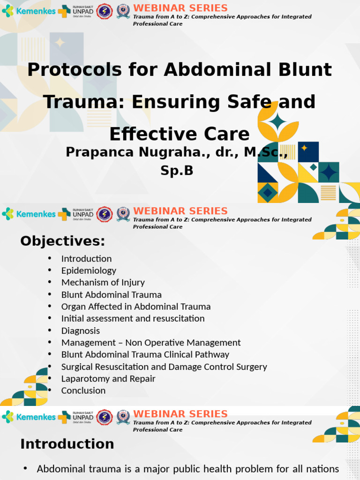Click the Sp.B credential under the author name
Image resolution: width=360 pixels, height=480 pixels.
click(177, 171)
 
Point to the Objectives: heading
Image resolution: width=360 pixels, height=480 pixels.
click(62, 241)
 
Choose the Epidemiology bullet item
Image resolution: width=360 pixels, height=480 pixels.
click(89, 270)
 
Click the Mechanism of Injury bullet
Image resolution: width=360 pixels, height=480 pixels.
click(103, 282)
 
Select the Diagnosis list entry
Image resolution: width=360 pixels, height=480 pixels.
click(80, 330)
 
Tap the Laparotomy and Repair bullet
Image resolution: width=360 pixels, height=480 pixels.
click(108, 378)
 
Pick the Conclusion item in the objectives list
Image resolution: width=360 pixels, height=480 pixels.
click(83, 390)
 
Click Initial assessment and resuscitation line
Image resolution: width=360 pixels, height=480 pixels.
click(133, 318)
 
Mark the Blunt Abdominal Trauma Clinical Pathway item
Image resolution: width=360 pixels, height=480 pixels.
click(145, 354)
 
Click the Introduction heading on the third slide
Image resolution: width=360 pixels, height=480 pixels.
click(67, 444)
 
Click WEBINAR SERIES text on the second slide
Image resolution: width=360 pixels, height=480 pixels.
click(180, 211)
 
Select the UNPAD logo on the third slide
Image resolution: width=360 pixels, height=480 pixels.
click(75, 417)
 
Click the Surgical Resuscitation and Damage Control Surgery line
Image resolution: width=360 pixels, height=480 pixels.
click(164, 367)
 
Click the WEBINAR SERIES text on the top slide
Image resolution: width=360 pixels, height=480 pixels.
click(180, 8)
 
